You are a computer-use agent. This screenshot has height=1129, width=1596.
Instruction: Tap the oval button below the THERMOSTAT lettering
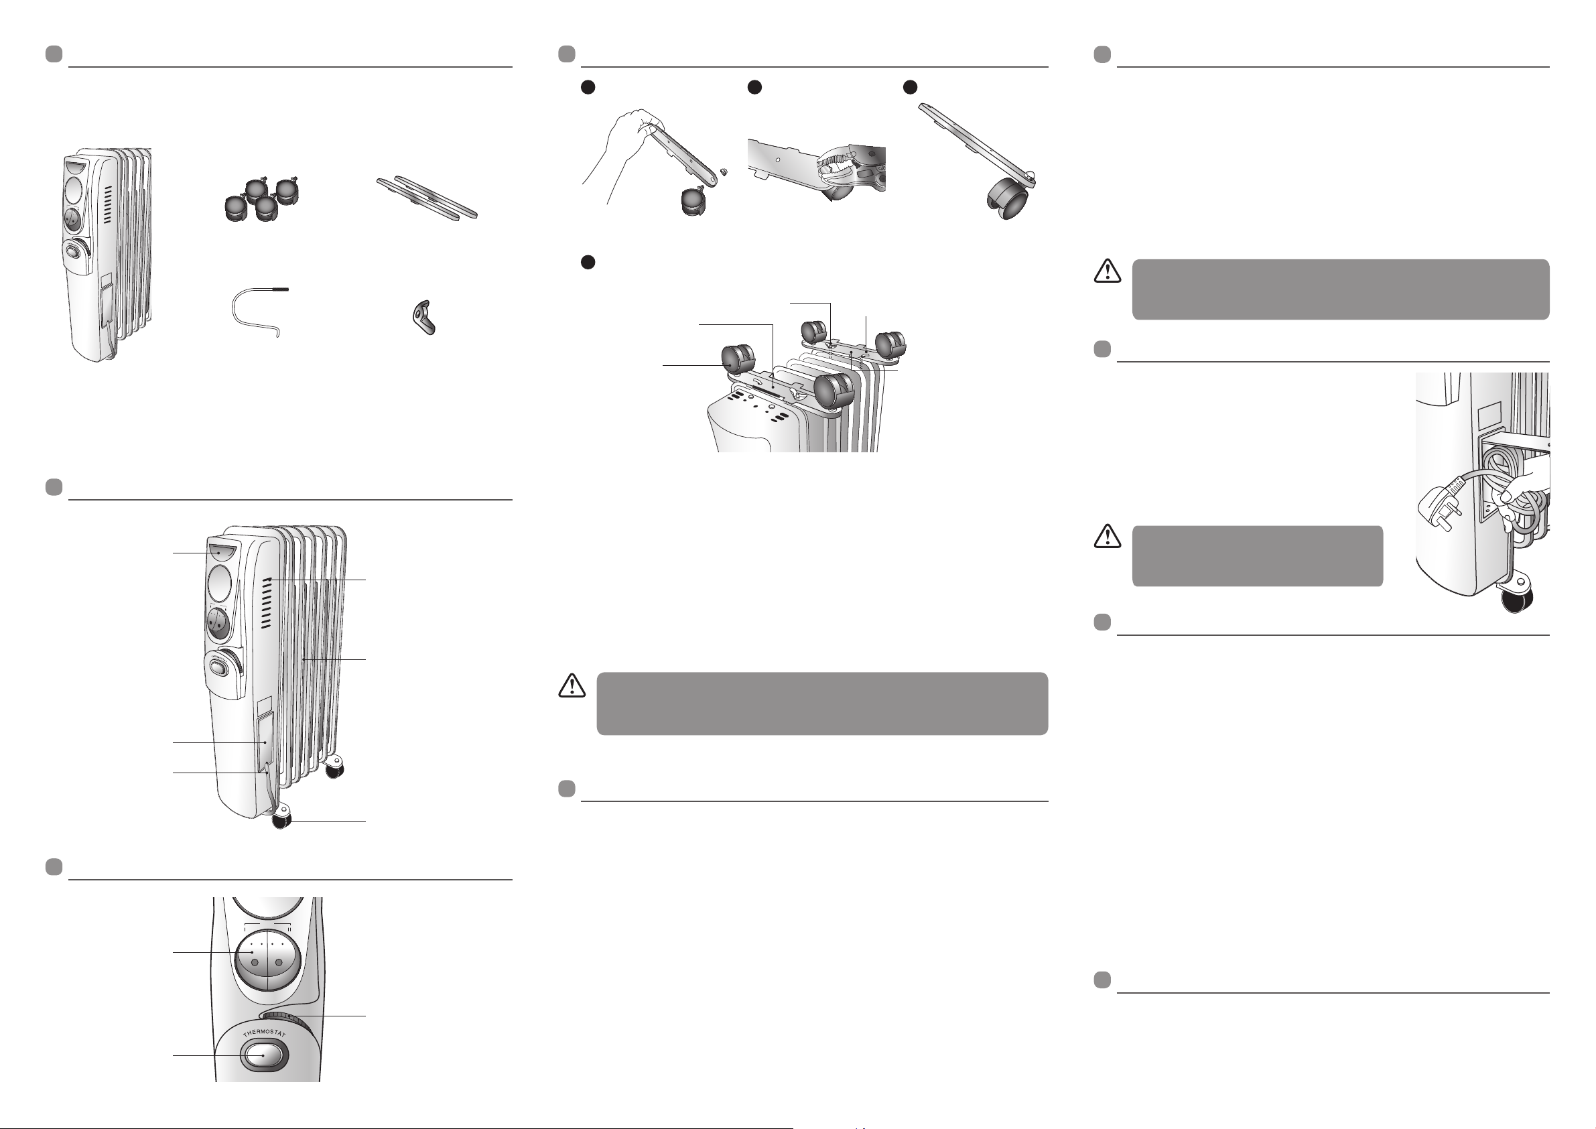(262, 1055)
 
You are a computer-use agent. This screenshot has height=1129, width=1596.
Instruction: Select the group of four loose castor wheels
(261, 199)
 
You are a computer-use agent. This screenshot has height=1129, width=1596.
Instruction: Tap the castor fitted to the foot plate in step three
(1008, 199)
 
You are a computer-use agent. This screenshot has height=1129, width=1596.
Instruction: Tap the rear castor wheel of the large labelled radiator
(334, 767)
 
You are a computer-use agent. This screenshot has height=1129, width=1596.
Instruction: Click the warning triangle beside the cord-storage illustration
(1108, 536)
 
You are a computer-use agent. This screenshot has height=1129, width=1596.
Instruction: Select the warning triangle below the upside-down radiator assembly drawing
(572, 685)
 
